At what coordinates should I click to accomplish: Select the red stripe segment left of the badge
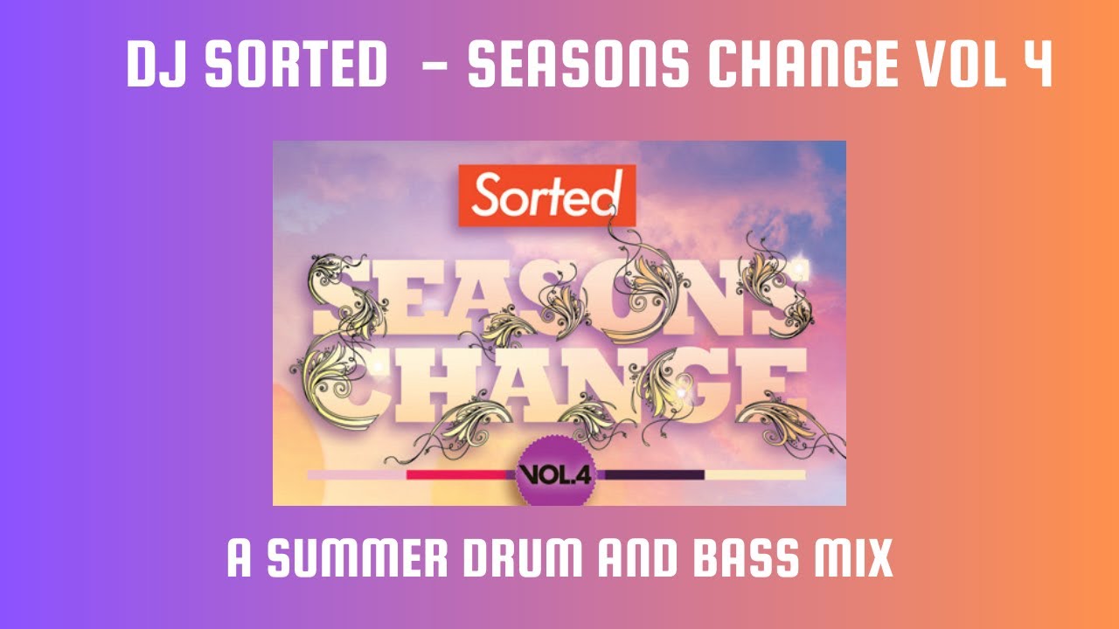(x=460, y=474)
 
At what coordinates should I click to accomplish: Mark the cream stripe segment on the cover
(x=754, y=474)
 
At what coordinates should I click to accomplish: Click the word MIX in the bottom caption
(x=857, y=559)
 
